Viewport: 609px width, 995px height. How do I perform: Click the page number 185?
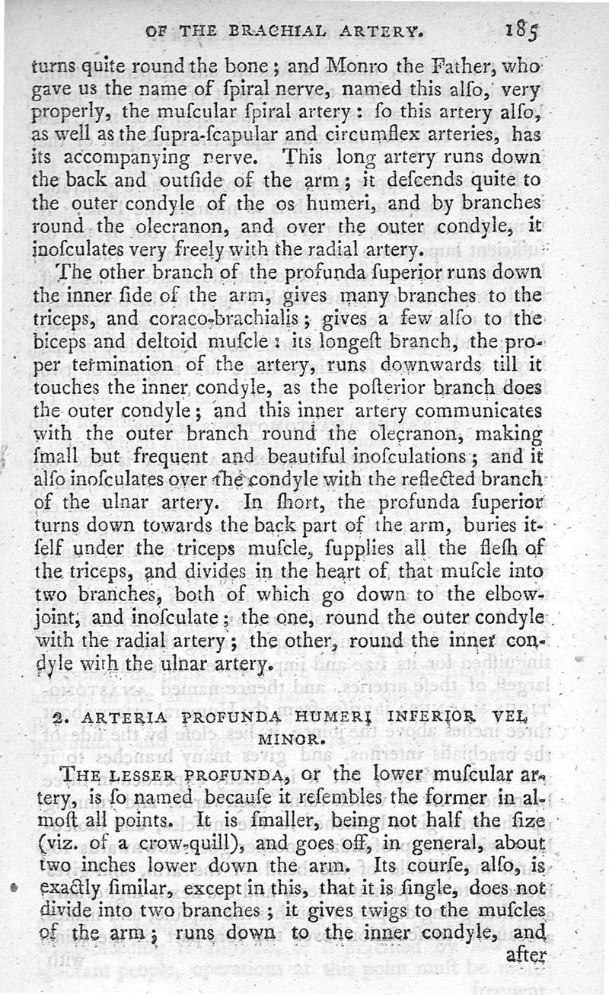521,34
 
